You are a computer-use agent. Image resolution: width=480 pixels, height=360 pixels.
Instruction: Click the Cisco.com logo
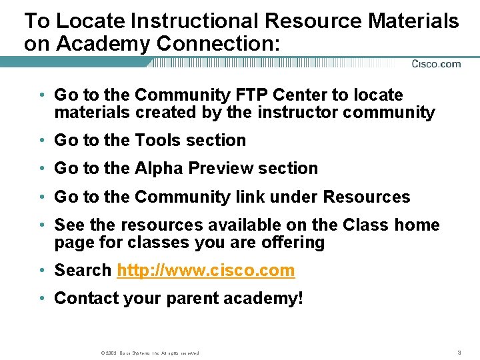click(435, 64)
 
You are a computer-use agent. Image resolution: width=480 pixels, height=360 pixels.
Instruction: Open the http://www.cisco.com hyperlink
click(205, 270)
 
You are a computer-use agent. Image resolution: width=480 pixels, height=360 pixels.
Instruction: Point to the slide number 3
click(459, 352)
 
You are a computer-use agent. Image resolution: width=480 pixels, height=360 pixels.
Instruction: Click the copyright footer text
click(149, 353)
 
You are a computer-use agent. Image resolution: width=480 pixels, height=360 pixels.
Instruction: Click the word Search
click(83, 270)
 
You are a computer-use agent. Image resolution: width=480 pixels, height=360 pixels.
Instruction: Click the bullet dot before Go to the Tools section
click(42, 141)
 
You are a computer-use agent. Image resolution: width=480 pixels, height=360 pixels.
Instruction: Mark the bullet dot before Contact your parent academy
click(42, 299)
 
